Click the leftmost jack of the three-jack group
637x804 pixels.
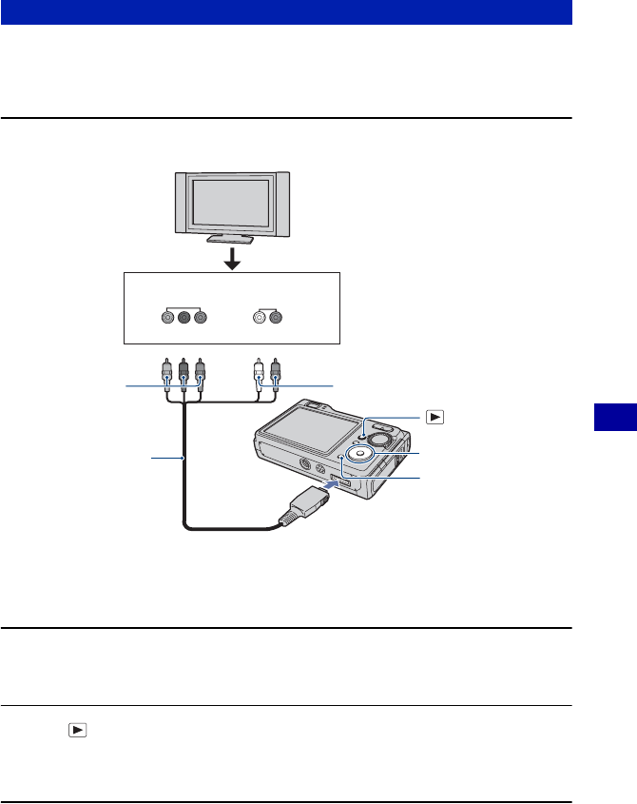click(x=167, y=317)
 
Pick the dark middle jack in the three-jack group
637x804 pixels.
click(x=183, y=317)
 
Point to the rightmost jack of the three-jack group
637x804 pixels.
click(x=200, y=317)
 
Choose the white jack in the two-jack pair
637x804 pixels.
click(x=259, y=317)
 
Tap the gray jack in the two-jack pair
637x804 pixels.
click(x=276, y=317)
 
